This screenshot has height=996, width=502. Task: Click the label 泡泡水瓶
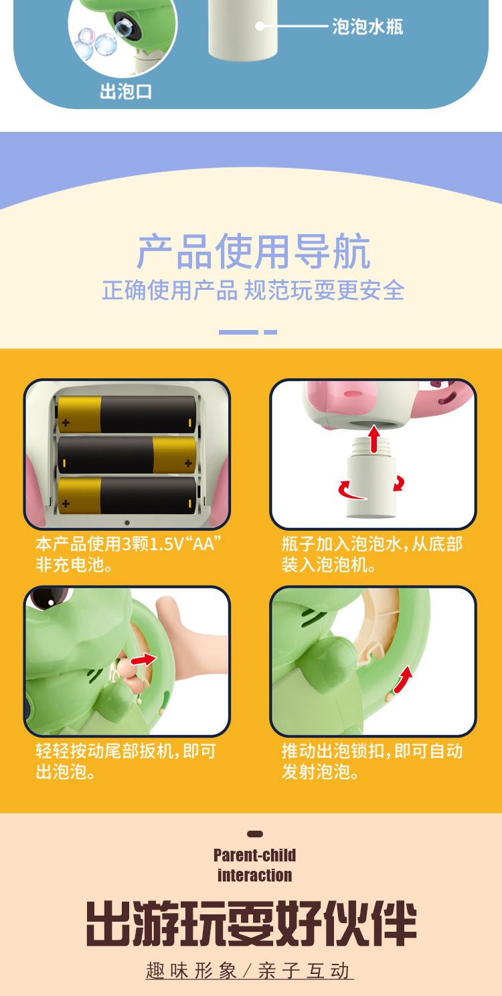pyautogui.click(x=367, y=27)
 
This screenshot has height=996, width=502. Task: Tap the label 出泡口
pyautogui.click(x=126, y=92)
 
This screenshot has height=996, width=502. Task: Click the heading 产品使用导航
pyautogui.click(x=254, y=252)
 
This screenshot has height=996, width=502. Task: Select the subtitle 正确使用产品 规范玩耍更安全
pyautogui.click(x=253, y=290)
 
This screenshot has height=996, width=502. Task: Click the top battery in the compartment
pyautogui.click(x=127, y=414)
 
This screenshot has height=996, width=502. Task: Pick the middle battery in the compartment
pyautogui.click(x=127, y=455)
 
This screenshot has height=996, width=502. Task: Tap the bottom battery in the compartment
pyautogui.click(x=127, y=495)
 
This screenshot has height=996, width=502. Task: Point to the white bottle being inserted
pyautogui.click(x=371, y=478)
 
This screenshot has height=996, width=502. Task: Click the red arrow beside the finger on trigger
pyautogui.click(x=144, y=659)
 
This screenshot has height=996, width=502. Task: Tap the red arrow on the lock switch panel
pyautogui.click(x=404, y=679)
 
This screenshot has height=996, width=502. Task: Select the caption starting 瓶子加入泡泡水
pyautogui.click(x=372, y=554)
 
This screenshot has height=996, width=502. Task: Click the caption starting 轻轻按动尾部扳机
pyautogui.click(x=126, y=761)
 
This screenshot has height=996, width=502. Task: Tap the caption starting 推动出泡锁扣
pyautogui.click(x=372, y=761)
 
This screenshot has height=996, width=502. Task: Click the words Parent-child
pyautogui.click(x=254, y=855)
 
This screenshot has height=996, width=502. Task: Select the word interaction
pyautogui.click(x=255, y=875)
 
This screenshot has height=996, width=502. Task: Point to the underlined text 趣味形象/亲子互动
pyautogui.click(x=249, y=970)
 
